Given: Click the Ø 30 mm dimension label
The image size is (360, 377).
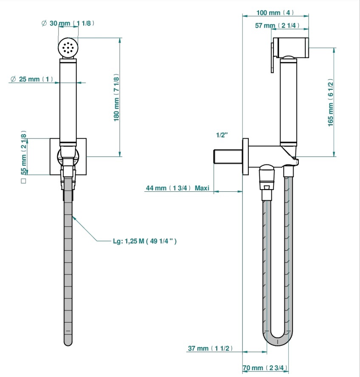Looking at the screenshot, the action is point(68,23).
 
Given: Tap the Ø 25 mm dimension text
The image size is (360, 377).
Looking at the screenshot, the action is point(32,79).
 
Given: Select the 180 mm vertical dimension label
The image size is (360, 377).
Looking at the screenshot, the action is point(116,97).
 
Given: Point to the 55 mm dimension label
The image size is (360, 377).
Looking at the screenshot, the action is point(24,153).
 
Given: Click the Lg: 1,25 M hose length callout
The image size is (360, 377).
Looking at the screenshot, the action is point(145,241).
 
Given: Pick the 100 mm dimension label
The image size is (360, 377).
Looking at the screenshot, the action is point(275,12).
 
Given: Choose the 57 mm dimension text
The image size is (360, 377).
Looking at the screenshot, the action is point(277,25).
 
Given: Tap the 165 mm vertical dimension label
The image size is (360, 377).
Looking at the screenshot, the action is point(331,102).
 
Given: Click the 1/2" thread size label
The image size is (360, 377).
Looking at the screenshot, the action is point(222,135).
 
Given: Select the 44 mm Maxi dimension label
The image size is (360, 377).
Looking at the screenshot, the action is point(177,188).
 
